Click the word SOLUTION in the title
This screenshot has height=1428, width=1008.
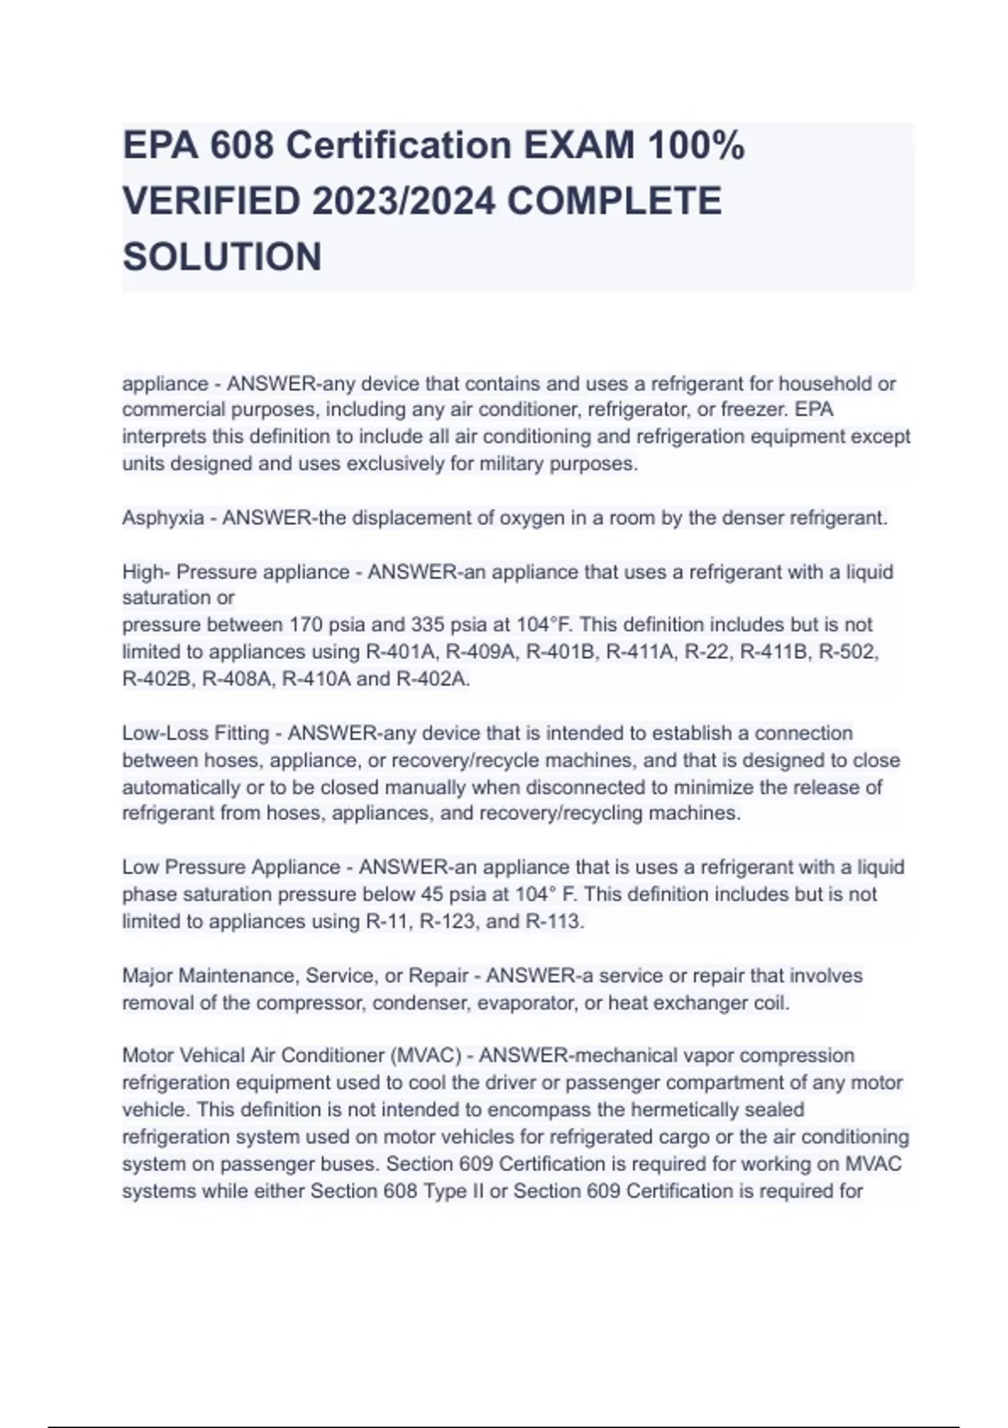tap(222, 257)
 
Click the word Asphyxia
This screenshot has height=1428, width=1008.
tap(163, 518)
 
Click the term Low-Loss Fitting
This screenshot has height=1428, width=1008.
tap(195, 733)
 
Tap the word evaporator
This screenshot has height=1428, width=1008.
tap(531, 1003)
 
